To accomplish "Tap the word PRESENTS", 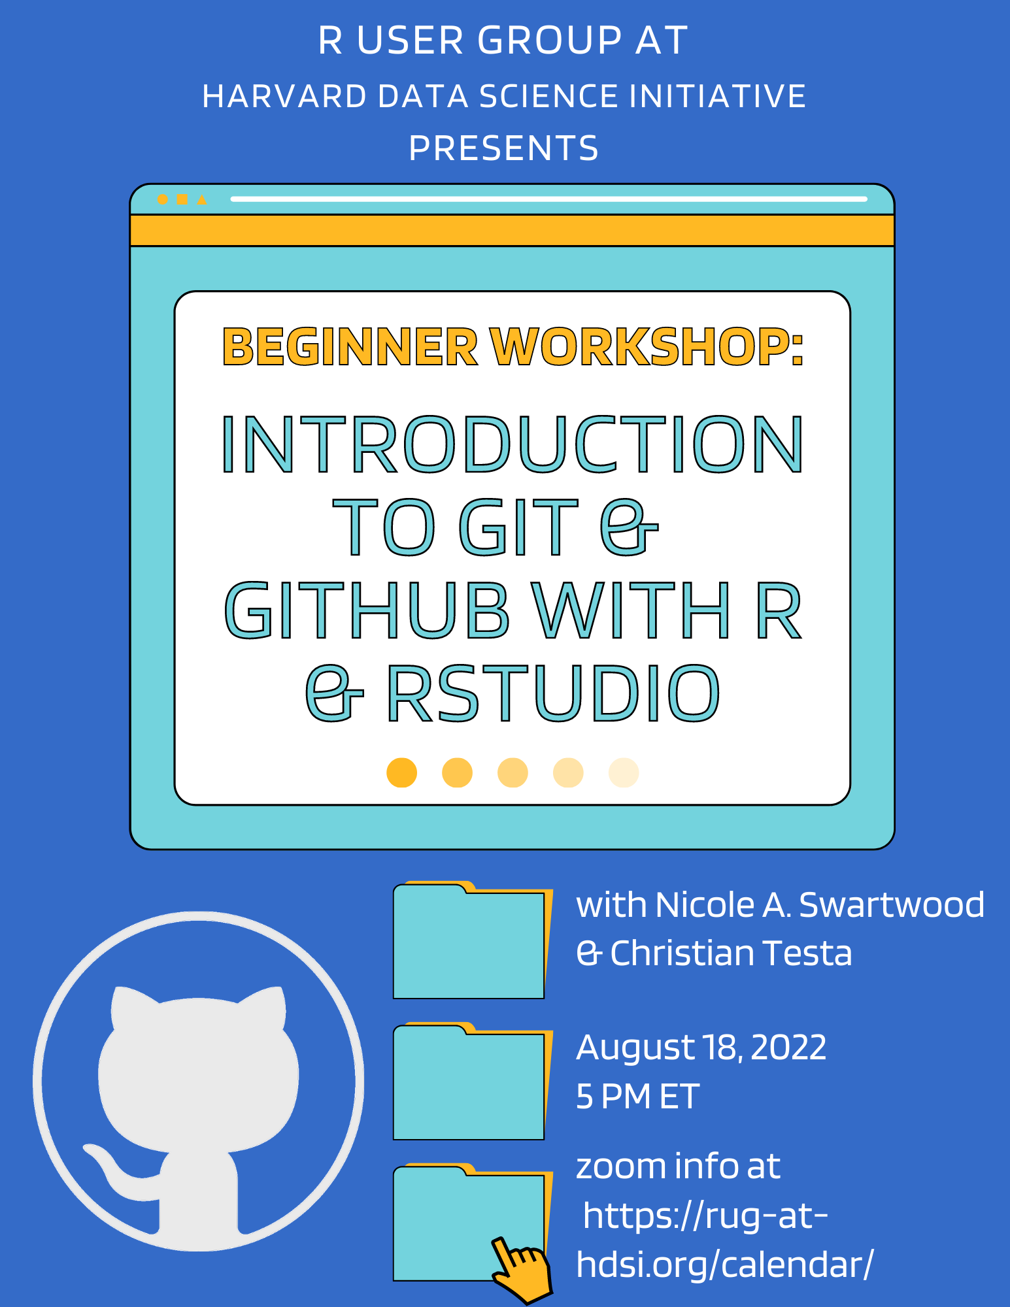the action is click(x=504, y=148).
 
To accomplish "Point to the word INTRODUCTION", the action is click(x=513, y=444).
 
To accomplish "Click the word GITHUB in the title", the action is click(x=367, y=610).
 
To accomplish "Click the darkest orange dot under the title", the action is click(x=402, y=772).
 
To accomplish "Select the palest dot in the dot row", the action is click(x=624, y=772).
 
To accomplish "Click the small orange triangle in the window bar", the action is click(x=202, y=199).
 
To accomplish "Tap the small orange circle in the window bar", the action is click(x=163, y=199).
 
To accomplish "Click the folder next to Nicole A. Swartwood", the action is click(x=473, y=940).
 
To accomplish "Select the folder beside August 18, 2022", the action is click(x=473, y=1081).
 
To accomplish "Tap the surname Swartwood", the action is click(x=892, y=905).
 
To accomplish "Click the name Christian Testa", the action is click(x=731, y=953).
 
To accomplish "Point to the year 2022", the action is click(x=788, y=1048).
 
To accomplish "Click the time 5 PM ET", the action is click(x=638, y=1097).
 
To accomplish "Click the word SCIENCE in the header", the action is click(x=548, y=96).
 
